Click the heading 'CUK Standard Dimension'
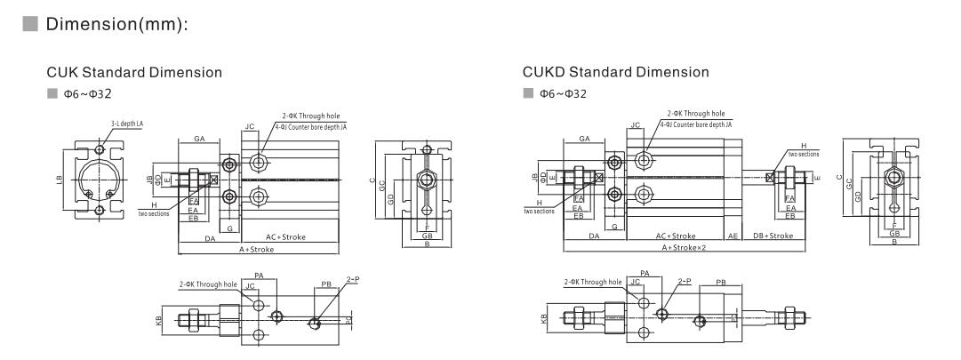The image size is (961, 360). click(x=140, y=71)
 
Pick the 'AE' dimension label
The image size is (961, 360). click(x=733, y=236)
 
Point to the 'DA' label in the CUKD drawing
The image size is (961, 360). click(x=593, y=236)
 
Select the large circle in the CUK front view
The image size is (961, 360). click(x=100, y=180)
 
